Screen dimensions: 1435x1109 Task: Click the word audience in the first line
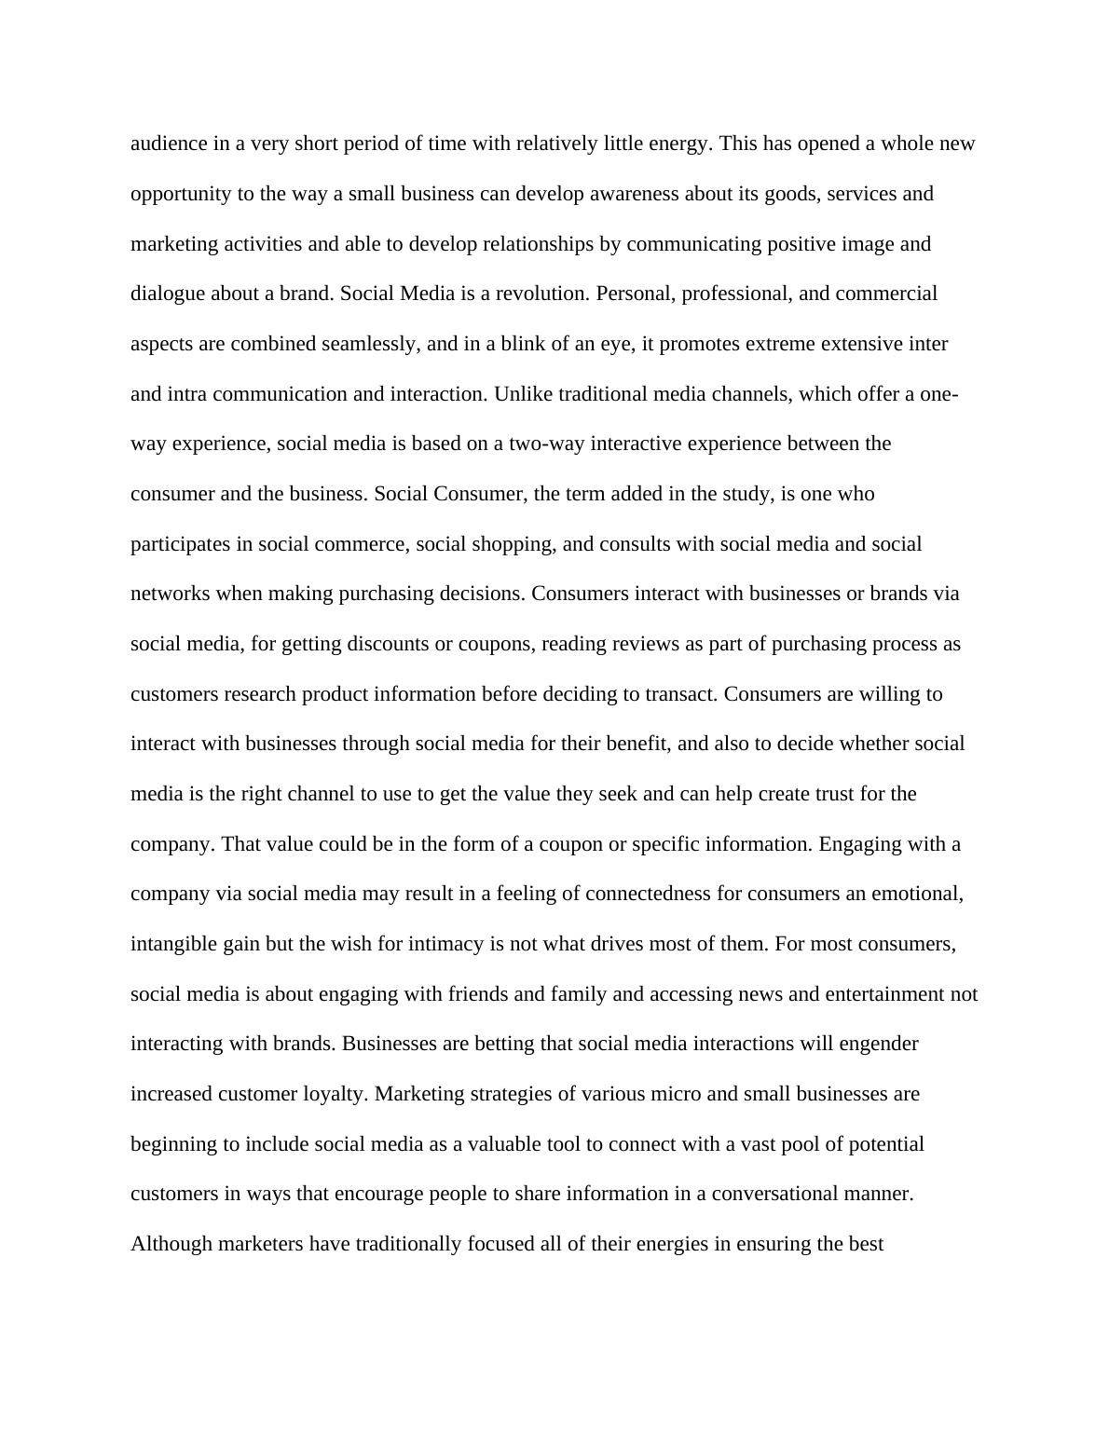pyautogui.click(x=166, y=144)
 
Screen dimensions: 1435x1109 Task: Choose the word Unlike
pyautogui.click(x=519, y=394)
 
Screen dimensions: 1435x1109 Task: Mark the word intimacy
pyautogui.click(x=445, y=944)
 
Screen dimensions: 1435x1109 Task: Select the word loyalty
pyautogui.click(x=334, y=1094)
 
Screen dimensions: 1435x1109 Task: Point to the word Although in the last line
pyautogui.click(x=171, y=1244)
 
